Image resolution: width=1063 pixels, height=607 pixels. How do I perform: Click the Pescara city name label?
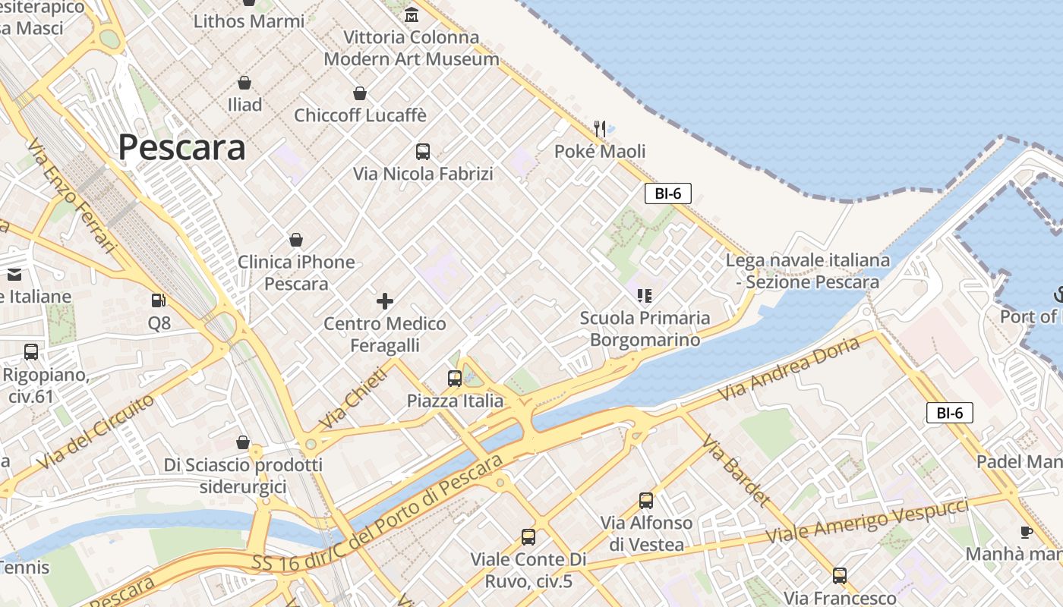181,147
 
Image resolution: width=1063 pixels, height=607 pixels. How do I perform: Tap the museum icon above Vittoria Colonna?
412,14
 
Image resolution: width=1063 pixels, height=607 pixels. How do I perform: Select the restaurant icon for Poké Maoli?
600,128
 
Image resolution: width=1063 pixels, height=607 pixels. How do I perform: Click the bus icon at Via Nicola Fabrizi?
423,152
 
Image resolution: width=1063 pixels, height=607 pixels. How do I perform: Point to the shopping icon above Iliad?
244,83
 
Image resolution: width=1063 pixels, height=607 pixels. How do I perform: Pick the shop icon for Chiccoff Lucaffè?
360,93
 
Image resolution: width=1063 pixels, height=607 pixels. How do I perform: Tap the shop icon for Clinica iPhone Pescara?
296,241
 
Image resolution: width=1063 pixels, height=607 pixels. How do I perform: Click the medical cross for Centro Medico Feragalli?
385,301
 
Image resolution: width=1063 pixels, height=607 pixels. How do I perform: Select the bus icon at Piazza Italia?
455,378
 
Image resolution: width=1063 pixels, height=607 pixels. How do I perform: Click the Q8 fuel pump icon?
158,301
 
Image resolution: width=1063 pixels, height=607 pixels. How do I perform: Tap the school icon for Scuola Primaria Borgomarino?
645,295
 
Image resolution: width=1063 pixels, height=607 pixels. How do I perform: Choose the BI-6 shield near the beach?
668,193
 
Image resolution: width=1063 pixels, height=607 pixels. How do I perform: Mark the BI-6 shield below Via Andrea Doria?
949,413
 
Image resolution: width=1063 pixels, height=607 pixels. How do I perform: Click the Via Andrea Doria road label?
790,369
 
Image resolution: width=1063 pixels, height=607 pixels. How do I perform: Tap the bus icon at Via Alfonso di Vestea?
646,501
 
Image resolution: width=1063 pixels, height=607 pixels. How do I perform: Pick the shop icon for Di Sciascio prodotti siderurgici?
243,442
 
